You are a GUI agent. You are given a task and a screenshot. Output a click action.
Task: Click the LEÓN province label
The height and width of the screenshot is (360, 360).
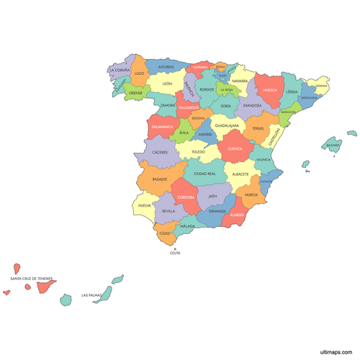pyautogui.click(x=167, y=84)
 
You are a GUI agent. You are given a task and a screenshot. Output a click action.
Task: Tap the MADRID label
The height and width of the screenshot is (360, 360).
pyautogui.click(x=205, y=134)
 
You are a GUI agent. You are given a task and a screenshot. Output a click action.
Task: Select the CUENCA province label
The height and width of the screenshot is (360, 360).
pyautogui.click(x=235, y=149)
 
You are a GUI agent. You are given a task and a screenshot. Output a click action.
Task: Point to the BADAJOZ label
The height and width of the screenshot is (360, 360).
pyautogui.click(x=160, y=179)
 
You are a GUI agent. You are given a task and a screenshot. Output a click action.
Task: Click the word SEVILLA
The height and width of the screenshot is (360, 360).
pyautogui.click(x=168, y=211)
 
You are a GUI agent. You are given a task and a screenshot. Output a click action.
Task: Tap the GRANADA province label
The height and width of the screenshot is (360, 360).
pyautogui.click(x=217, y=211)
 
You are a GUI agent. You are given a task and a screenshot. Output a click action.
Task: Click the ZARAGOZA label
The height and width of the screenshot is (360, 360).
pyautogui.click(x=252, y=105)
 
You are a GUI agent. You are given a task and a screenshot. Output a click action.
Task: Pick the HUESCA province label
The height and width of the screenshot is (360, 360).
pyautogui.click(x=270, y=90)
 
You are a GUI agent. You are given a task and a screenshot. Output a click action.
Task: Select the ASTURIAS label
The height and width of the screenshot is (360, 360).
pyautogui.click(x=166, y=67)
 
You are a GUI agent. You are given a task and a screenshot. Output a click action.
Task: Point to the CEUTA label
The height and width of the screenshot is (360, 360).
pyautogui.click(x=175, y=253)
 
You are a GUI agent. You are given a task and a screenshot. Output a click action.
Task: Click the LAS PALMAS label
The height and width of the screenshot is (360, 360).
pyautogui.click(x=91, y=294)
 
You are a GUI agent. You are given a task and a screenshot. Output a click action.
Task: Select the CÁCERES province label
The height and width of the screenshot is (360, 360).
pyautogui.click(x=160, y=153)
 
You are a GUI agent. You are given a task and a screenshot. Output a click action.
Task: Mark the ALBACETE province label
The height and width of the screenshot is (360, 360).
pyautogui.click(x=240, y=174)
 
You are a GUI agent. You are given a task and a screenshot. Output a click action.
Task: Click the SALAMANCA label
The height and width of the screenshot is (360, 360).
pyautogui.click(x=162, y=127)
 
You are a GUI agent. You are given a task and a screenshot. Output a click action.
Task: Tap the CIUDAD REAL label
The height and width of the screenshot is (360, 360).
pyautogui.click(x=204, y=174)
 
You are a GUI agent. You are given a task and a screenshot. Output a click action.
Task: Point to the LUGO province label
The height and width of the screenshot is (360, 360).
pyautogui.click(x=139, y=73)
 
